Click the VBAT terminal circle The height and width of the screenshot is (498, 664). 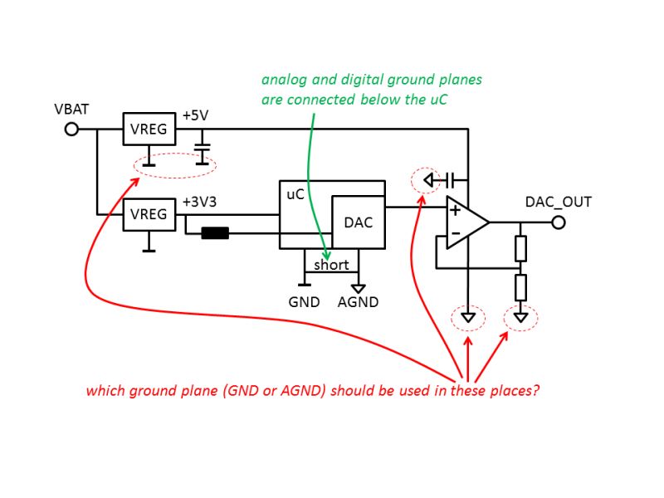(x=71, y=129)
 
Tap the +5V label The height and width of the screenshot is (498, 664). (x=195, y=115)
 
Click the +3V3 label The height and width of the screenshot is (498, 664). (x=199, y=202)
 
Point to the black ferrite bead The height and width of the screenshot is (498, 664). (x=215, y=233)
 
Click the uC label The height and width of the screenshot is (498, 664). (x=295, y=194)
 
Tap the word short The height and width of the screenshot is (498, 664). (x=331, y=265)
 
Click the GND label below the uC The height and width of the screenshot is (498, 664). (x=304, y=302)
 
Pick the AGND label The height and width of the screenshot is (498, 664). (x=359, y=302)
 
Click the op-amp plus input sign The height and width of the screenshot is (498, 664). (x=455, y=210)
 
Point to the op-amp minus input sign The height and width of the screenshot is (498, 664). (x=456, y=233)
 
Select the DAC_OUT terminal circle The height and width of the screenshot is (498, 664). (x=559, y=222)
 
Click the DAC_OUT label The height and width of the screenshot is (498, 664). (x=558, y=202)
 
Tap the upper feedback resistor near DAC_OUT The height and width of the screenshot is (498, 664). (x=521, y=248)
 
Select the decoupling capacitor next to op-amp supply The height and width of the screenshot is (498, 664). (x=450, y=180)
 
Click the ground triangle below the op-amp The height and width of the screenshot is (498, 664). (x=468, y=317)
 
